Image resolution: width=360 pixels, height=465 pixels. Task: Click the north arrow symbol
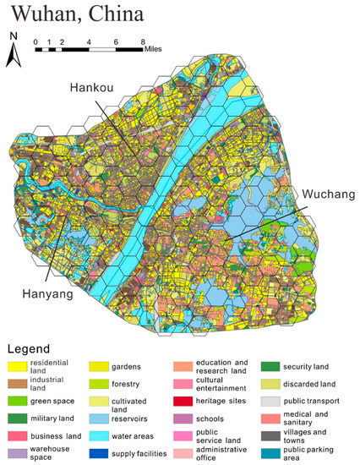13,51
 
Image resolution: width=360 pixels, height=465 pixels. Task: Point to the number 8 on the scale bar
142,41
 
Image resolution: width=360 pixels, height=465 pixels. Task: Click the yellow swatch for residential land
21,366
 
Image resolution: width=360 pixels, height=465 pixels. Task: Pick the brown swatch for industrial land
21,383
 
